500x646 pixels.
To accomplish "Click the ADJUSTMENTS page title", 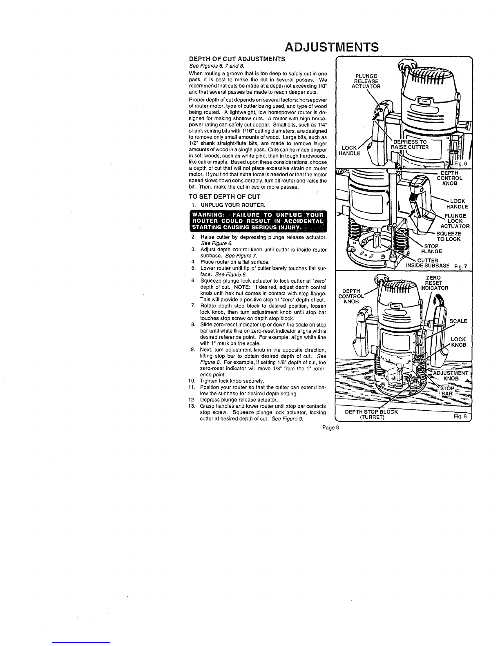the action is coord(331,47).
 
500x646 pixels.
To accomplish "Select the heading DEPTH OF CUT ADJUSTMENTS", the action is coord(237,59).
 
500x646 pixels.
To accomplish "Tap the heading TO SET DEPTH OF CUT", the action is coord(225,197).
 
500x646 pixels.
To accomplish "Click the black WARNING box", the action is coord(258,221).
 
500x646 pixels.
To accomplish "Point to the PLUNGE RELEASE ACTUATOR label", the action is coord(366,81).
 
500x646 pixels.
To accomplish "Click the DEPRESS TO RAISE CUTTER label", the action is coord(410,144).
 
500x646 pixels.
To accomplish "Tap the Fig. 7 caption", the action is coord(461,267).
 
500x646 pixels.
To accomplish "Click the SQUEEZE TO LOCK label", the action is coord(449,237).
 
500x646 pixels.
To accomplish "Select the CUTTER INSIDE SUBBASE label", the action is coord(428,263).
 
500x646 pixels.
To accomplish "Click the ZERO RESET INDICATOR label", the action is coord(434,283).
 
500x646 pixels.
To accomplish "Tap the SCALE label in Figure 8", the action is coord(458,321).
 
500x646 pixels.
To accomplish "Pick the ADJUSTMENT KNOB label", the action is coord(451,376).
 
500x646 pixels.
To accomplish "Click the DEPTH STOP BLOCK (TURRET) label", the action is coord(371,414).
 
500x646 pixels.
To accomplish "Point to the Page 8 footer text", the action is coord(330,428).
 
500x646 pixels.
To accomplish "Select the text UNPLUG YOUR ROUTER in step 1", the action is coord(233,205).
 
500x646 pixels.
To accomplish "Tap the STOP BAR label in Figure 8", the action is coord(447,391).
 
